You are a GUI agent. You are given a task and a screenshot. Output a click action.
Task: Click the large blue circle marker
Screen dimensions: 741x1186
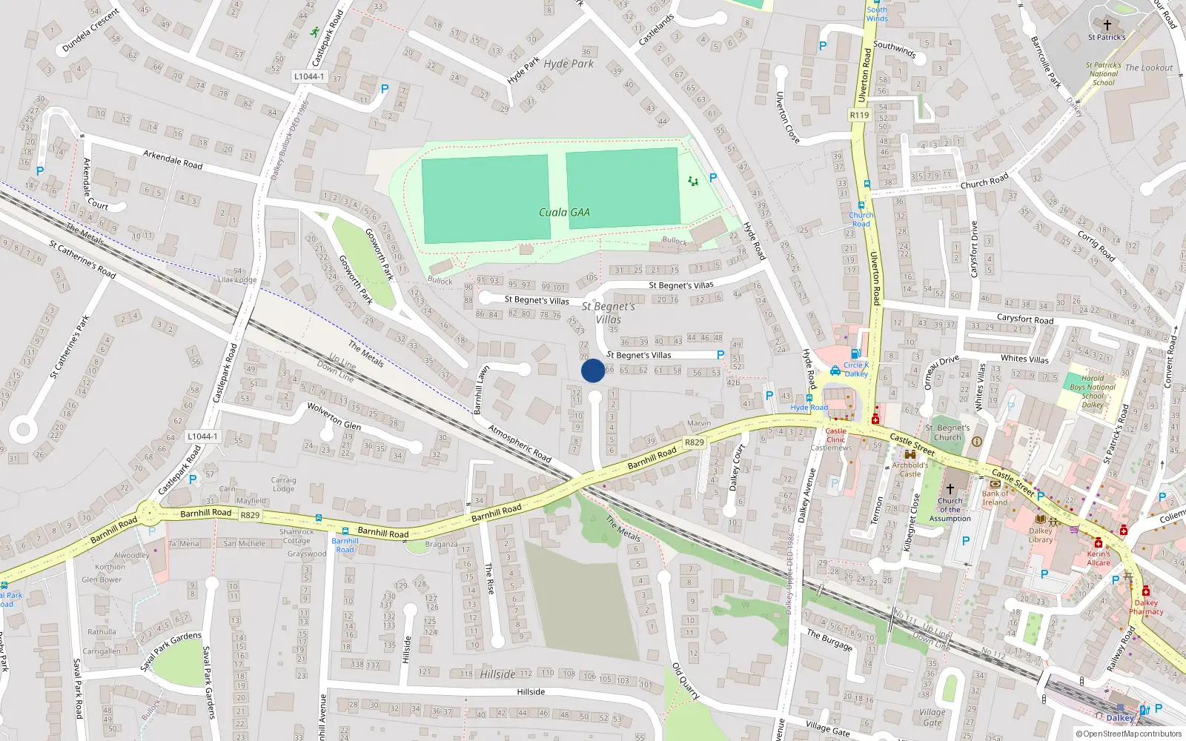pos(593,370)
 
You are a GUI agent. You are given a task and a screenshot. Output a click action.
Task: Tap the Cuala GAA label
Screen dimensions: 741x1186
pos(564,213)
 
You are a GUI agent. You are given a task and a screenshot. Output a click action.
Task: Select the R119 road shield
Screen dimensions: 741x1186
pos(859,115)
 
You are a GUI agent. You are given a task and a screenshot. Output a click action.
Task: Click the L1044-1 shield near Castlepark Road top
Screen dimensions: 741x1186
pos(308,76)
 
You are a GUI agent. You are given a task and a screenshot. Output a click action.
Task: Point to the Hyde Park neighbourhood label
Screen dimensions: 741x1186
pos(569,64)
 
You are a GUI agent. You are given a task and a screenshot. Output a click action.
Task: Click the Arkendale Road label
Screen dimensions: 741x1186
pos(173,159)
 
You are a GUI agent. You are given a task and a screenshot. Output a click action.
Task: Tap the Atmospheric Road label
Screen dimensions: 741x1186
pos(520,444)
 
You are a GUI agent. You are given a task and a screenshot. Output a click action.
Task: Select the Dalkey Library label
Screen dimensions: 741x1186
pos(1040,535)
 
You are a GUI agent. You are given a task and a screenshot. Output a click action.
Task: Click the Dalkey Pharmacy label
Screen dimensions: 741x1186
pos(1146,607)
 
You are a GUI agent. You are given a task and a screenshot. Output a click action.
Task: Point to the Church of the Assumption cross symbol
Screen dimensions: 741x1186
pos(950,489)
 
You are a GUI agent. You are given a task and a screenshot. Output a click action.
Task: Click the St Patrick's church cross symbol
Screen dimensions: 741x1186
pos(1107,25)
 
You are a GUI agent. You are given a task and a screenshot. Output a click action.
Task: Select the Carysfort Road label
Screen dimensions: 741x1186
pos(1025,319)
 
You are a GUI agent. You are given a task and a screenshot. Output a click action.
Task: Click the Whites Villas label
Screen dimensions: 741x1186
pos(1024,359)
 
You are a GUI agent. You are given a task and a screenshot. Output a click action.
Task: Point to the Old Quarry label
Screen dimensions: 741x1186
pos(686,681)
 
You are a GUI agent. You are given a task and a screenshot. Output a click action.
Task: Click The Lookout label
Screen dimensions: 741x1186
pos(1149,68)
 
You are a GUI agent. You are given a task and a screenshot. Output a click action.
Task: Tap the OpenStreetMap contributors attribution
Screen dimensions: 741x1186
pos(1129,734)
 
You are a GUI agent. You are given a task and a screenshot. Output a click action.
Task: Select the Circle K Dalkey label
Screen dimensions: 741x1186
pos(855,369)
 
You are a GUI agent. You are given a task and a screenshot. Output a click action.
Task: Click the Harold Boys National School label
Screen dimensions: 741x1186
pos(1092,391)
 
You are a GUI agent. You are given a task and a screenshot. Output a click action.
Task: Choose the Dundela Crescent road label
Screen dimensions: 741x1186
pos(90,30)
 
